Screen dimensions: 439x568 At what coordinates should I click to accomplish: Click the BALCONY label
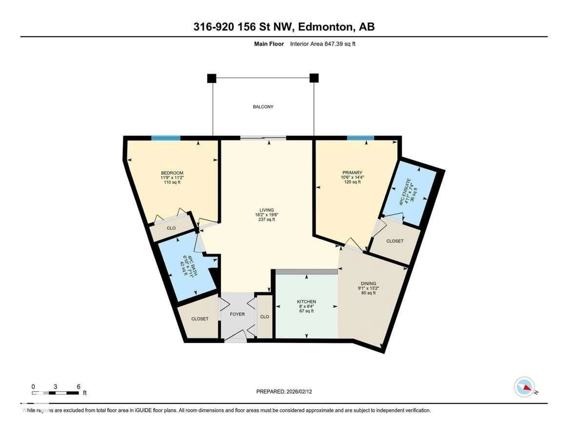click(x=263, y=107)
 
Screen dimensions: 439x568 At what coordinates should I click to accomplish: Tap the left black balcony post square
click(x=211, y=78)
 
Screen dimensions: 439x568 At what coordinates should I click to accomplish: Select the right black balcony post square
click(x=314, y=78)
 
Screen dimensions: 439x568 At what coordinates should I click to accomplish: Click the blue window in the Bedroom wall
click(x=166, y=138)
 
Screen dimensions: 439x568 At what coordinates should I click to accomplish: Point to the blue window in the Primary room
click(x=360, y=138)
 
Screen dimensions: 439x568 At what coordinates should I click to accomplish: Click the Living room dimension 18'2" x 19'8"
click(x=267, y=215)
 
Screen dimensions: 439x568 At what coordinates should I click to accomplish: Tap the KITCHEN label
click(x=306, y=302)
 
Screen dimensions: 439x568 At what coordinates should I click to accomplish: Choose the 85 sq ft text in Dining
click(x=368, y=293)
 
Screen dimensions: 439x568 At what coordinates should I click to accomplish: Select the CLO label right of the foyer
click(x=264, y=317)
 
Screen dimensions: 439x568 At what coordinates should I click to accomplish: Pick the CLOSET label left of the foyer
click(x=200, y=319)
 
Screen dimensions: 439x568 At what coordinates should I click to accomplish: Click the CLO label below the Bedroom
click(x=171, y=228)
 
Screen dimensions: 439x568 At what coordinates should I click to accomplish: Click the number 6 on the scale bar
click(x=79, y=386)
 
